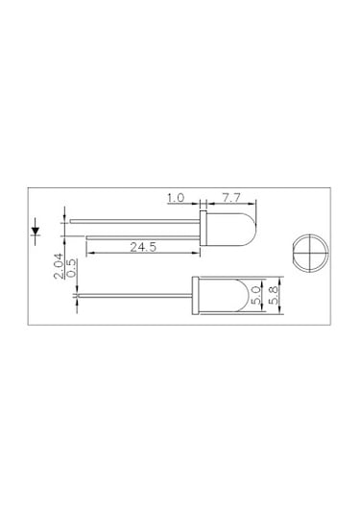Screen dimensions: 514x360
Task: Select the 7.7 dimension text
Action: [231, 198]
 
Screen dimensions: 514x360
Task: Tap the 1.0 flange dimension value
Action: [176, 198]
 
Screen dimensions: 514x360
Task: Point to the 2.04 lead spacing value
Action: [59, 264]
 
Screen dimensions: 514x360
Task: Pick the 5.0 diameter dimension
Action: [255, 294]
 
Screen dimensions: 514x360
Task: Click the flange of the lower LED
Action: [198, 294]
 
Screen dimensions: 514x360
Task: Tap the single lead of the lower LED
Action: [134, 294]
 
